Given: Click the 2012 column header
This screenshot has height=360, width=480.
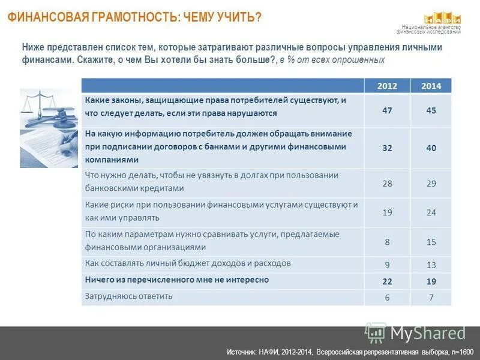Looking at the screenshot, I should pos(387,86).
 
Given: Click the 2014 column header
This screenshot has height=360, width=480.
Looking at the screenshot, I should pos(431,86).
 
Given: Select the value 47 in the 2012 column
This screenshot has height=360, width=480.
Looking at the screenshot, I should pos(387,110).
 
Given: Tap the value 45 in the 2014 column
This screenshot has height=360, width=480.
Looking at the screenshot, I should pos(431,110).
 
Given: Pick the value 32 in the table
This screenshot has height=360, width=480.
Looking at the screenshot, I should pos(387,148).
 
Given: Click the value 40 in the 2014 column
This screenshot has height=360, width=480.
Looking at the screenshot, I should pos(431,148).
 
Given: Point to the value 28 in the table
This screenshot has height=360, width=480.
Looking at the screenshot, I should pos(387,184).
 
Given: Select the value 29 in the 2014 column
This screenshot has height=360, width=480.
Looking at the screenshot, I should pos(431,184).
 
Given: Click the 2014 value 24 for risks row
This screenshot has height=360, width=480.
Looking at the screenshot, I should pos(431,212).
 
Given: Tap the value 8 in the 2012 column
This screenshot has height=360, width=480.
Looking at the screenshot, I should pos(387,242).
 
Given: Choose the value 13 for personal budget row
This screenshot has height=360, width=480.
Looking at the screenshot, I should pos(431,265).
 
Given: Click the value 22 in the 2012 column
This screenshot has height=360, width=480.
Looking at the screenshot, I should pos(387,282).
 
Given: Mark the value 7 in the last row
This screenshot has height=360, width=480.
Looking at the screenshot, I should pos(431,298).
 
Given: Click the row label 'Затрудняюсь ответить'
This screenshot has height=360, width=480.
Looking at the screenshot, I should pos(128,296).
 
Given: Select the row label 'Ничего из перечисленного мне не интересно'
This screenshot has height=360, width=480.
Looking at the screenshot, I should pos(176,280).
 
